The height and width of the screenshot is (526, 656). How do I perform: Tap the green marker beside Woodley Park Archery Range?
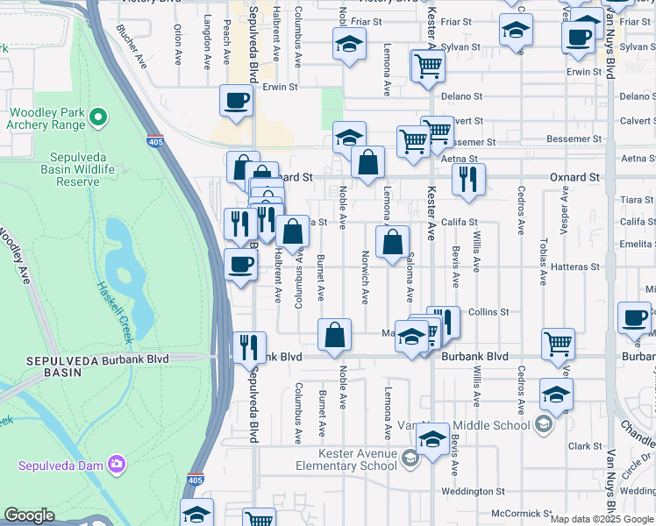(x=98, y=116)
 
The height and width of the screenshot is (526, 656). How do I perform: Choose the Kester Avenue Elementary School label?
(x=348, y=459)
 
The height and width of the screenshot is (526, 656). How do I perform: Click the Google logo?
(x=30, y=515)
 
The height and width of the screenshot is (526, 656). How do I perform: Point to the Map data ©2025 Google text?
(x=602, y=519)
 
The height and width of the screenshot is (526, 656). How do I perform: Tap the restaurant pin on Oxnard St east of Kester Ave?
(x=468, y=178)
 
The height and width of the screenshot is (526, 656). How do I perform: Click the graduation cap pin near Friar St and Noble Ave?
(x=349, y=43)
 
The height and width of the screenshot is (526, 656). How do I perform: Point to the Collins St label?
(x=488, y=312)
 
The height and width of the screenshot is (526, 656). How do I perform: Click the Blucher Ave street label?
(x=132, y=44)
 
